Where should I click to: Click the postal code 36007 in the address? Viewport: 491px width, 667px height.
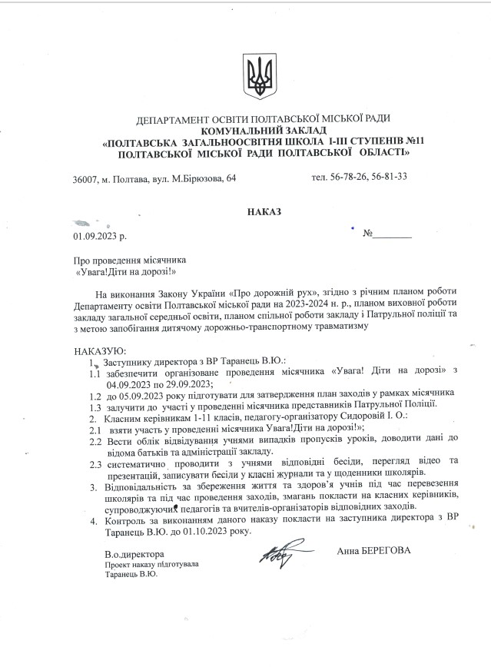tap(85, 178)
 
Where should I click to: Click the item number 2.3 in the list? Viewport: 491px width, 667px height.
tap(95, 463)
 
